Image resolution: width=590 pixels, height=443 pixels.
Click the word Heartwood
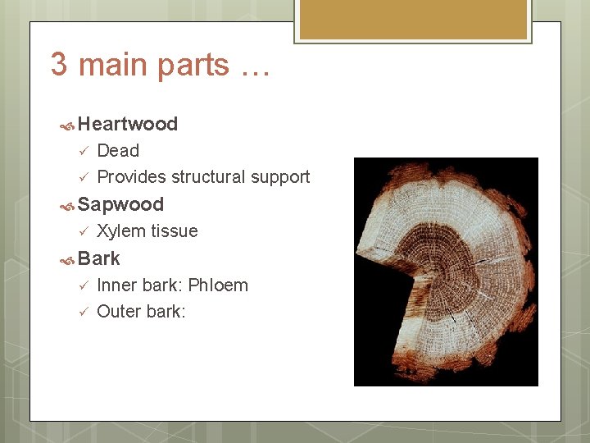[x=128, y=124]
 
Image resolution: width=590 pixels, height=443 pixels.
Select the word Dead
[x=118, y=150]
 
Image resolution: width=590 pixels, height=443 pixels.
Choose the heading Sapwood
[x=120, y=204]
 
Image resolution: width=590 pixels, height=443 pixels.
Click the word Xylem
[x=119, y=231]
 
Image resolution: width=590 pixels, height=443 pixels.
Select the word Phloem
[x=218, y=285]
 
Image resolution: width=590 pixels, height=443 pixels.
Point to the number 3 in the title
[x=59, y=64]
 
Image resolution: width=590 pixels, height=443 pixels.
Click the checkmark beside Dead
[x=81, y=151]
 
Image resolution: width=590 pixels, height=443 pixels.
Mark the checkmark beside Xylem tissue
[x=81, y=231]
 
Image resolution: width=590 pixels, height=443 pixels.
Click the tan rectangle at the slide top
[x=412, y=20]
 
